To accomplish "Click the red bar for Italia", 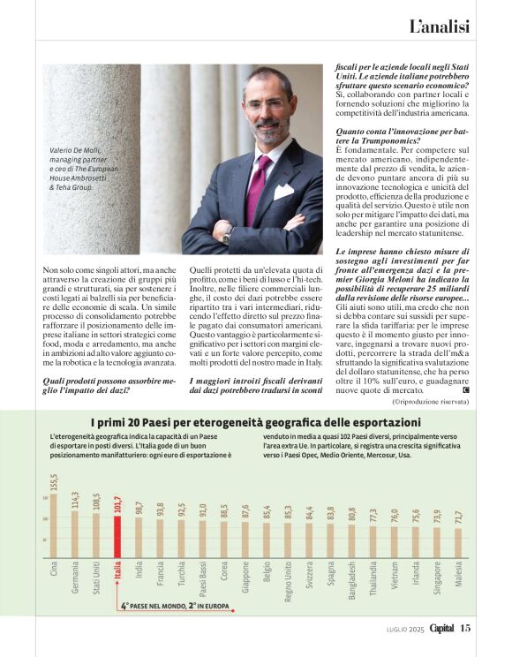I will [x=117, y=538].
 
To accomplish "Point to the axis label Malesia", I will [x=457, y=584].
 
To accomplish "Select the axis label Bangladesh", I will [x=351, y=582].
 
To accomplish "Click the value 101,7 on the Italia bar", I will [x=117, y=506].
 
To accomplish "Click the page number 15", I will [x=465, y=629].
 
